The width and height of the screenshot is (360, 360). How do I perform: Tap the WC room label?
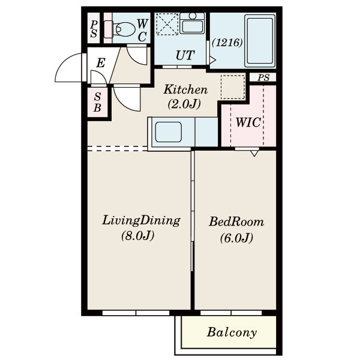pyautogui.click(x=142, y=30)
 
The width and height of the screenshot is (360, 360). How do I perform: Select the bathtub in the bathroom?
pyautogui.click(x=260, y=41)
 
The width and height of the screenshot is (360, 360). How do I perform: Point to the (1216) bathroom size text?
pyautogui.click(x=227, y=43)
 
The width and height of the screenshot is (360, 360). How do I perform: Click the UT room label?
pyautogui.click(x=185, y=55)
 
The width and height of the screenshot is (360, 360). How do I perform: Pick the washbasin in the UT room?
pyautogui.click(x=192, y=23)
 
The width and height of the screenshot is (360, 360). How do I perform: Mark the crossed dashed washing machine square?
pyautogui.click(x=167, y=24)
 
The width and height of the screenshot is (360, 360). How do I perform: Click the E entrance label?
pyautogui.click(x=101, y=62)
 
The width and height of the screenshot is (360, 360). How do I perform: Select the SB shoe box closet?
pyautogui.click(x=98, y=102)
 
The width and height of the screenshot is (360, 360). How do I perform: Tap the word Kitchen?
pyautogui.click(x=185, y=89)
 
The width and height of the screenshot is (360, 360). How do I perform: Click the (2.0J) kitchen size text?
pyautogui.click(x=184, y=104)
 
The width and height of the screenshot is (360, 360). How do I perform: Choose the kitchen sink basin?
pyautogui.click(x=169, y=132)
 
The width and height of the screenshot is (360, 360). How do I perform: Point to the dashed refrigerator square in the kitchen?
pyautogui.click(x=233, y=87)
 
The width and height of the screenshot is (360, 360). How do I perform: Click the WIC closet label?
pyautogui.click(x=248, y=122)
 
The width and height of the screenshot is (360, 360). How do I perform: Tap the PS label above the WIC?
pyautogui.click(x=263, y=77)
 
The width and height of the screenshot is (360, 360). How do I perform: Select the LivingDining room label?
pyautogui.click(x=141, y=220)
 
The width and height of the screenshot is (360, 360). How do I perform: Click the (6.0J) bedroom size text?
pyautogui.click(x=236, y=238)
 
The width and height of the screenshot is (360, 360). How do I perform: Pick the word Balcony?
pyautogui.click(x=232, y=332)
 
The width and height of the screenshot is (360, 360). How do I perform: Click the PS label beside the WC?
pyautogui.click(x=94, y=29)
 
